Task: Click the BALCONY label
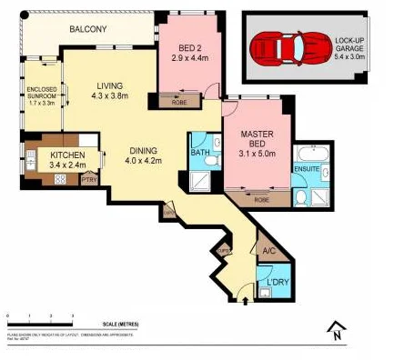pyautogui.click(x=88, y=30)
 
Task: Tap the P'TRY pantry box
pyautogui.click(x=89, y=179)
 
